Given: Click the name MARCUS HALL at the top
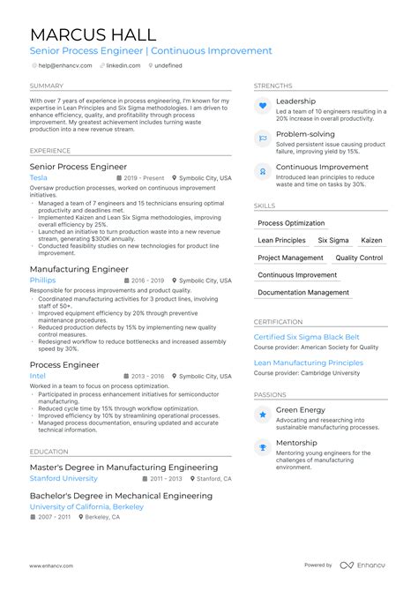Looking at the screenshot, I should click(x=93, y=34).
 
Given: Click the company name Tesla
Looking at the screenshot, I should click(x=39, y=177).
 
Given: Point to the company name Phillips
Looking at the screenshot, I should click(x=42, y=281).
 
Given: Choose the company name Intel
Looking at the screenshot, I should click(x=38, y=376).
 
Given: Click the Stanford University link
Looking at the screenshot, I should click(x=63, y=478).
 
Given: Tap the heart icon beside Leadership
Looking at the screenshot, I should click(x=262, y=107).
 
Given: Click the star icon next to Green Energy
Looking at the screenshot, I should click(x=262, y=414).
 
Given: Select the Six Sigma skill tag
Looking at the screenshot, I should click(x=333, y=240).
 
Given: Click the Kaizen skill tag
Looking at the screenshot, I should click(x=372, y=240).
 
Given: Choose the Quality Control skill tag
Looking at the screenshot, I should click(x=359, y=258).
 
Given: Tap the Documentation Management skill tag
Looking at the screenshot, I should click(x=303, y=292).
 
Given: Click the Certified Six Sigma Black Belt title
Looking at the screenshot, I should click(x=307, y=337).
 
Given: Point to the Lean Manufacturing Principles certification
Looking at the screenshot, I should click(x=308, y=363).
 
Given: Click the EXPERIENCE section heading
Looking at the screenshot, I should click(x=49, y=151).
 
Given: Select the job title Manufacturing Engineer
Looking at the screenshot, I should click(x=79, y=269).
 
